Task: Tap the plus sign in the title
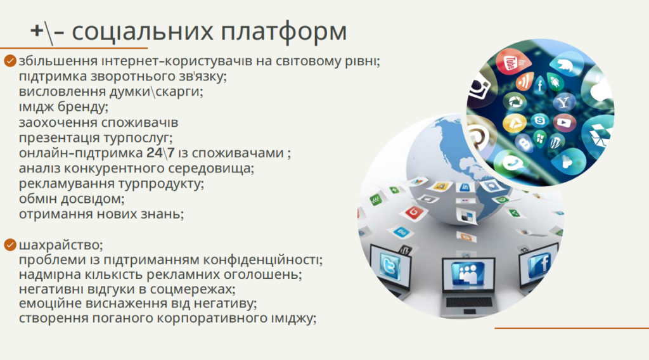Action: (x=37, y=31)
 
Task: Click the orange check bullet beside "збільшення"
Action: (x=10, y=61)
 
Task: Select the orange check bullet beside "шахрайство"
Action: (x=10, y=245)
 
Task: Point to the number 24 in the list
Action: (x=155, y=153)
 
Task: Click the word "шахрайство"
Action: (x=60, y=245)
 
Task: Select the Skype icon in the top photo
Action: (x=540, y=121)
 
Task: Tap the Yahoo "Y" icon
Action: (x=563, y=102)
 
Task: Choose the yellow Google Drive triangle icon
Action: (x=515, y=123)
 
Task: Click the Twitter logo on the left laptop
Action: (x=390, y=266)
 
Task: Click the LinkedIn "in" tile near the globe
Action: (x=465, y=188)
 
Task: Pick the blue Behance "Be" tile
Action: (x=401, y=232)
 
